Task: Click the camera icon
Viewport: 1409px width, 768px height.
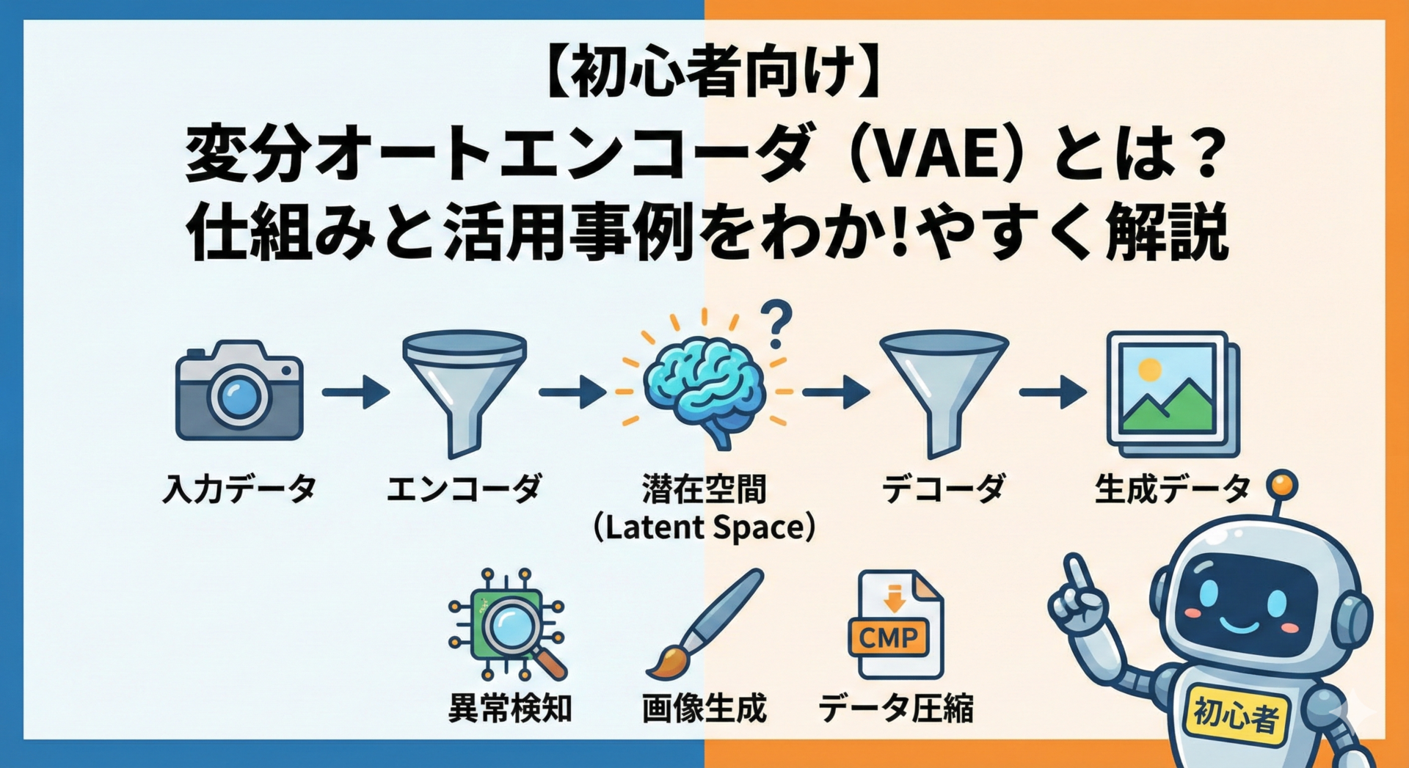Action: pyautogui.click(x=239, y=391)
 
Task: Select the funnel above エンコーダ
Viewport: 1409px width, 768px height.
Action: pyautogui.click(x=464, y=389)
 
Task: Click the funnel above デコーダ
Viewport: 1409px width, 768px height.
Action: pyautogui.click(x=943, y=389)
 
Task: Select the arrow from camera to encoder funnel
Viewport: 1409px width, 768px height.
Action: pyautogui.click(x=356, y=392)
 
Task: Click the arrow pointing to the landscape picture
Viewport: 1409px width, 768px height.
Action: pyautogui.click(x=1052, y=392)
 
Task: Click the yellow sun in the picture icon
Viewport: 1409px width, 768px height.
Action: pyautogui.click(x=1149, y=369)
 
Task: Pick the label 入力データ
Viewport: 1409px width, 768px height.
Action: pyautogui.click(x=239, y=489)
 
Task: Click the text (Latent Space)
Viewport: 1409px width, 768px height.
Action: pyautogui.click(x=704, y=528)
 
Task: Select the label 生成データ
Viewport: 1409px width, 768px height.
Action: pyautogui.click(x=1172, y=489)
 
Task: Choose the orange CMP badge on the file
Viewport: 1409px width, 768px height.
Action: pyautogui.click(x=889, y=637)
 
